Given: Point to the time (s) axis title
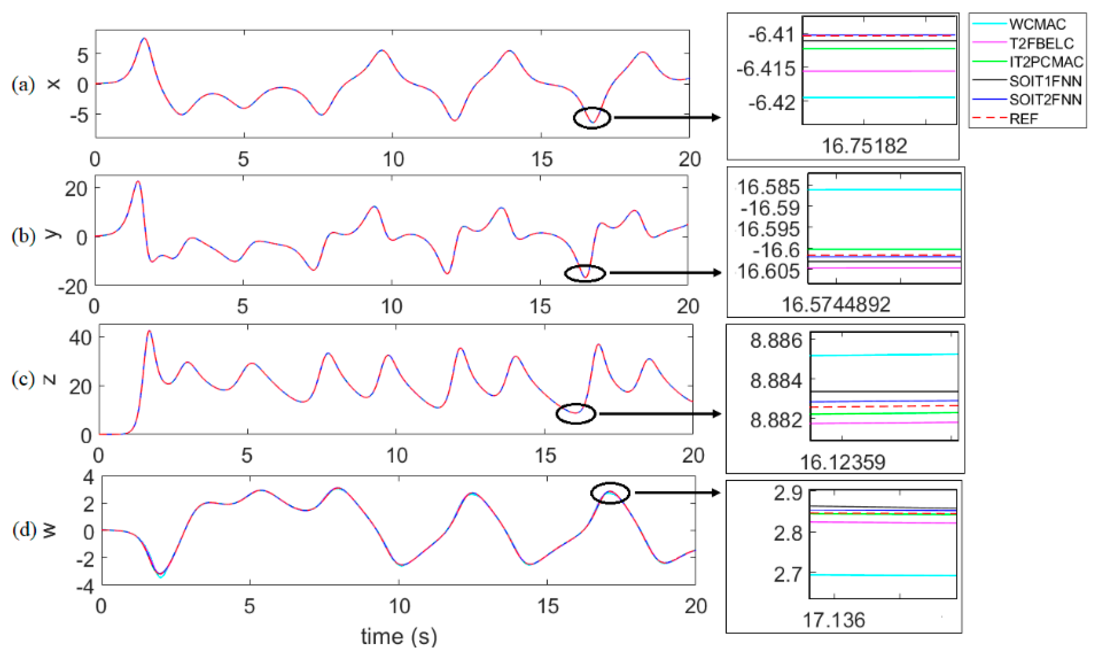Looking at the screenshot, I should (399, 636).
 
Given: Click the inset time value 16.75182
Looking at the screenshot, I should (864, 146).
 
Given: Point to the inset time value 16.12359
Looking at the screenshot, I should (842, 462).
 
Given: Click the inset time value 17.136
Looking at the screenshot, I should (833, 620).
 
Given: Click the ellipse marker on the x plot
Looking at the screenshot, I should (591, 118).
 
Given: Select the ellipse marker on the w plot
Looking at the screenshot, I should (610, 493).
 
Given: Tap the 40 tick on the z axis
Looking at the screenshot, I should (80, 337).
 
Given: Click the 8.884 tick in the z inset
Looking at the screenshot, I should (776, 381).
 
